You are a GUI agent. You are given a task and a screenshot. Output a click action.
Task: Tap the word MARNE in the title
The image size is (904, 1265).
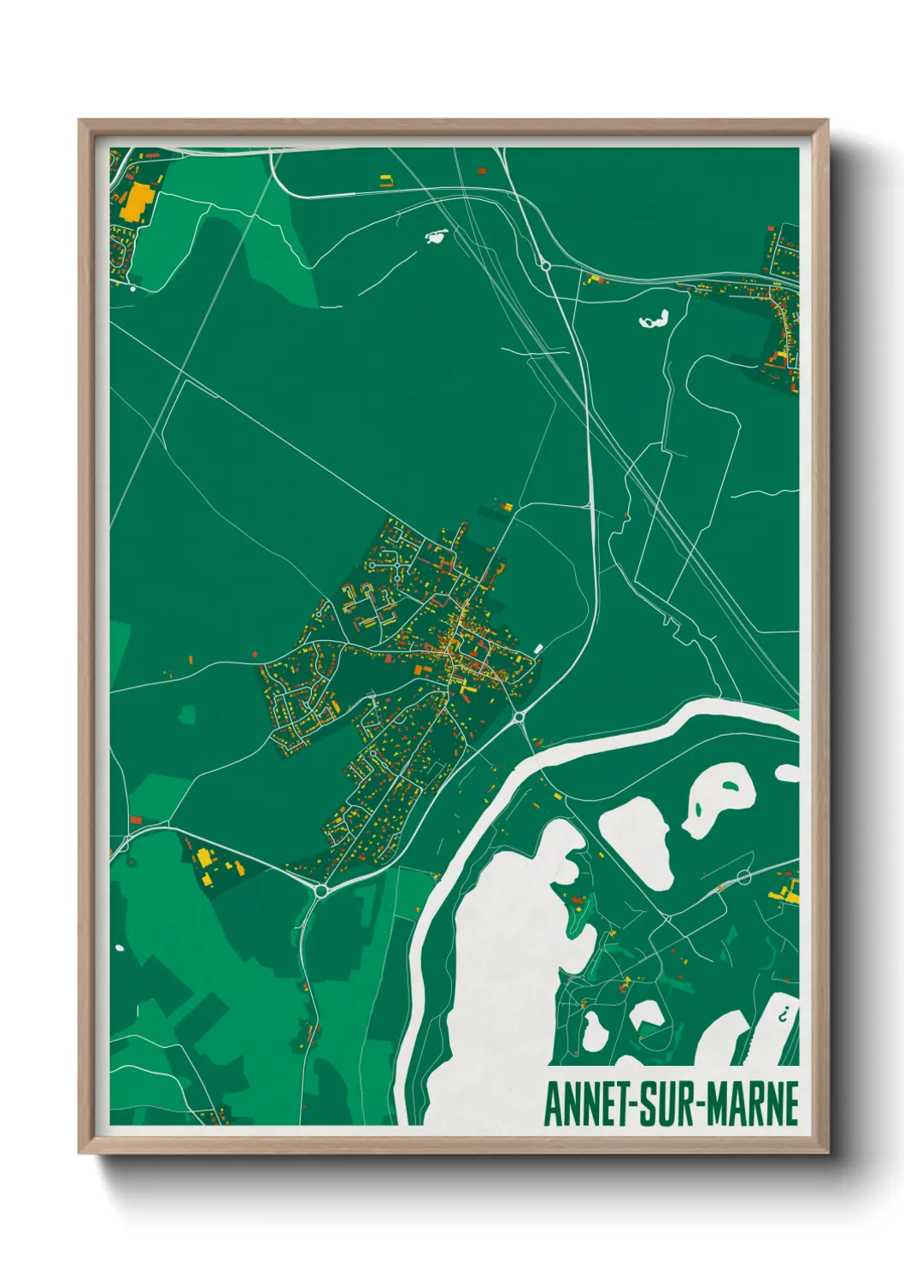751,1104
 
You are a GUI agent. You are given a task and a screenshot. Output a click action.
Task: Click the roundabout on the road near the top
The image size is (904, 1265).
545,266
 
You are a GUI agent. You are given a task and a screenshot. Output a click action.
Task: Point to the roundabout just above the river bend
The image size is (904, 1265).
518,716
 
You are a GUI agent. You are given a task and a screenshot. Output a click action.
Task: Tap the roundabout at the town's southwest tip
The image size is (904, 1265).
321,891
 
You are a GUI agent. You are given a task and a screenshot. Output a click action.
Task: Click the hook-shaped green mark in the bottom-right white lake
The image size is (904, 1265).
783,1015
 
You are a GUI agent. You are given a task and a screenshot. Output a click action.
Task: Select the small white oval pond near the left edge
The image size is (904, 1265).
119,947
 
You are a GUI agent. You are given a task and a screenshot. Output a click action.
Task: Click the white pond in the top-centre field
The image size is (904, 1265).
436,235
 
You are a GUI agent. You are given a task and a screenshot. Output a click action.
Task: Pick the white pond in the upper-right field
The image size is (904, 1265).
655,321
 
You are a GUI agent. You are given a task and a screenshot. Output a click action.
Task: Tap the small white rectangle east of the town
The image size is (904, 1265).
537,649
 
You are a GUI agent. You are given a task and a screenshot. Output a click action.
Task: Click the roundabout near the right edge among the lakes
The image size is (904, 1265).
743,877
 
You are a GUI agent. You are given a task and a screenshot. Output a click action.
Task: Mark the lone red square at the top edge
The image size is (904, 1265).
481,171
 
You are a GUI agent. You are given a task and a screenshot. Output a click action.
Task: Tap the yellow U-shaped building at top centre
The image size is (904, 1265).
386,179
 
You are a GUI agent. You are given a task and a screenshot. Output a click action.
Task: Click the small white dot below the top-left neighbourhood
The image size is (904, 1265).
132,289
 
